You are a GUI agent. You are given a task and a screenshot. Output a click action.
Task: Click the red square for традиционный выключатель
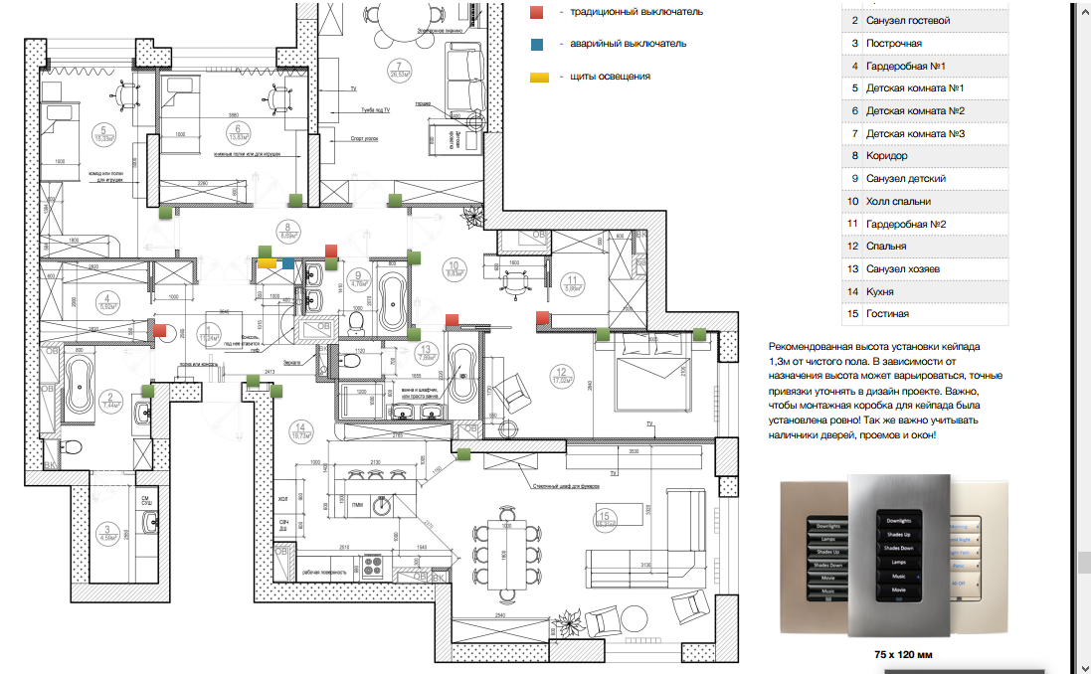(x=536, y=12)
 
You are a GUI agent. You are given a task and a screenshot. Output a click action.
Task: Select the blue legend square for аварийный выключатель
(x=536, y=44)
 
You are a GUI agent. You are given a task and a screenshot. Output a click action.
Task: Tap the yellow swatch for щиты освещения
(x=539, y=77)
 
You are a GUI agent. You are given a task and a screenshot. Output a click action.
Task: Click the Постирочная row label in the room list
(x=894, y=44)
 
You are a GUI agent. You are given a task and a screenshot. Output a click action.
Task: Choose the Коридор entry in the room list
(x=887, y=156)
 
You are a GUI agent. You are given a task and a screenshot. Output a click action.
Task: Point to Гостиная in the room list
(x=887, y=314)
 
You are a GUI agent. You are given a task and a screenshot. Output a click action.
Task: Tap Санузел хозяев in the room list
(x=903, y=269)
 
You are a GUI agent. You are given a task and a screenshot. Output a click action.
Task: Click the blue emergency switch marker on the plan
(x=287, y=263)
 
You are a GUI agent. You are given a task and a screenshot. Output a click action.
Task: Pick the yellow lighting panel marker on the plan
(x=267, y=263)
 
